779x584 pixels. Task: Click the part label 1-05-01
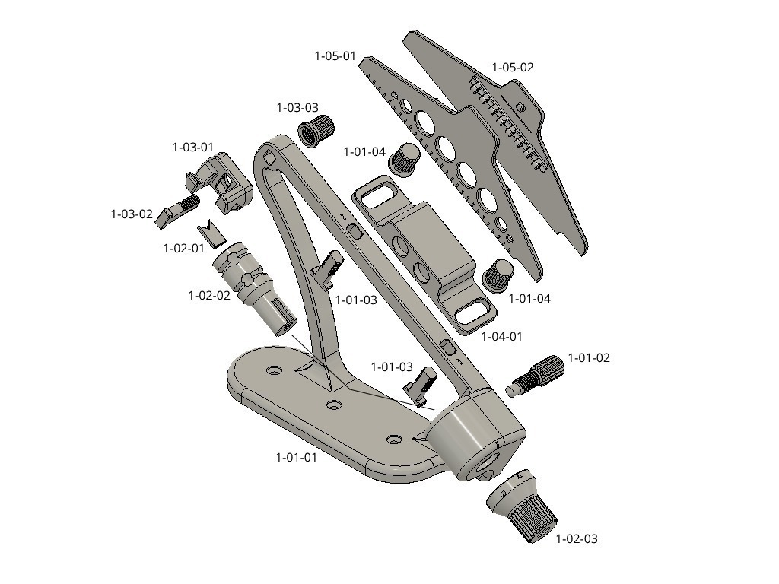(335, 56)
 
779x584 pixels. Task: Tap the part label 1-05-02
(513, 67)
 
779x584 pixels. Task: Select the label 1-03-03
(297, 107)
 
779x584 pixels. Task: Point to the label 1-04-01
(502, 336)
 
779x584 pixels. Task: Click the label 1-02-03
(577, 538)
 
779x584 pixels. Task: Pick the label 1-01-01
(296, 457)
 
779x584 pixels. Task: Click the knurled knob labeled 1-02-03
(521, 506)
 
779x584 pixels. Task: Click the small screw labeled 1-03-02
(177, 211)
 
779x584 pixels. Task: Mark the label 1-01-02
(589, 357)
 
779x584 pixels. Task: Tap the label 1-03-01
(192, 147)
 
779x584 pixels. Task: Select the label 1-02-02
(209, 295)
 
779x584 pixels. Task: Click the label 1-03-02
(131, 214)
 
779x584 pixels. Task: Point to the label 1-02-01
(184, 248)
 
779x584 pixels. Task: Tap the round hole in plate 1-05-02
(520, 106)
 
